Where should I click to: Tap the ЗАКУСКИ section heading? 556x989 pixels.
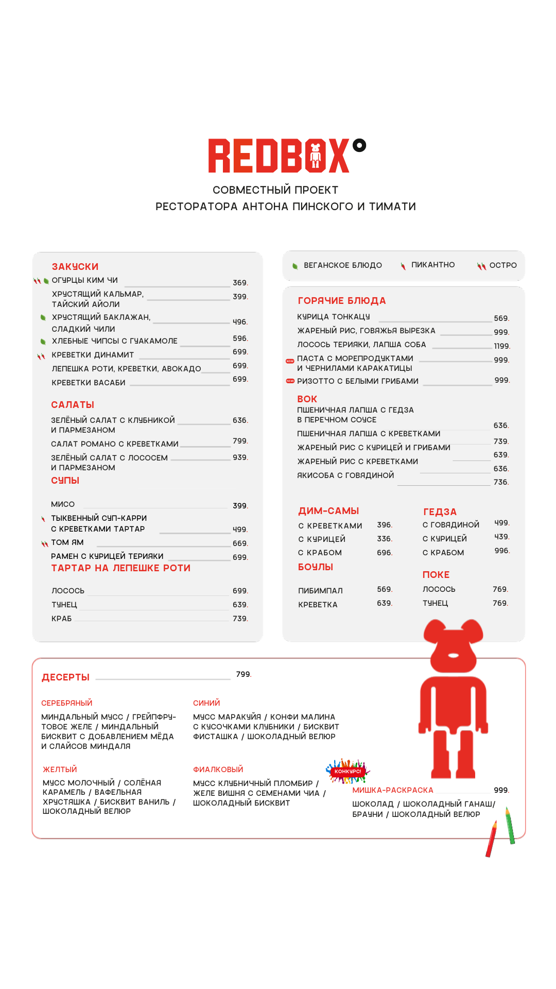(75, 266)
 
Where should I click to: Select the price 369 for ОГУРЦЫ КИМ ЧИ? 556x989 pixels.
(240, 283)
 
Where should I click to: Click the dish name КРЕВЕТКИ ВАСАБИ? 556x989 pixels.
(89, 383)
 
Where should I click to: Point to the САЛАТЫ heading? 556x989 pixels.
(73, 405)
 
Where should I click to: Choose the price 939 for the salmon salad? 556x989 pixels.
(240, 457)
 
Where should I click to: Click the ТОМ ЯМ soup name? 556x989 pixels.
(67, 542)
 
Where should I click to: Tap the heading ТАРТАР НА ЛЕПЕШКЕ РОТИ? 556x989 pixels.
(120, 568)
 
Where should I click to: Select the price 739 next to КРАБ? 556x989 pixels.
(240, 619)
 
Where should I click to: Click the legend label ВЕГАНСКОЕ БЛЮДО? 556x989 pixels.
(343, 265)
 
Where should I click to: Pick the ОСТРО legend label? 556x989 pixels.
(503, 265)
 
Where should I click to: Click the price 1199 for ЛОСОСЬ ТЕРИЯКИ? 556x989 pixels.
(501, 346)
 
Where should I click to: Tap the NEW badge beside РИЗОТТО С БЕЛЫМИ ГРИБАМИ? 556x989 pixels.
(290, 381)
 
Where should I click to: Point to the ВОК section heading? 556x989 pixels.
(307, 399)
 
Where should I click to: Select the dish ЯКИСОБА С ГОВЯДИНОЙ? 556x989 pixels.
(345, 475)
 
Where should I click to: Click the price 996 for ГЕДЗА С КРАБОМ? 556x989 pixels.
(501, 551)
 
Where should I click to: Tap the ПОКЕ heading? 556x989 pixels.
(436, 575)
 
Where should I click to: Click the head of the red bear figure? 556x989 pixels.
(453, 647)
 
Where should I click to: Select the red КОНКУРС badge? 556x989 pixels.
(348, 772)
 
